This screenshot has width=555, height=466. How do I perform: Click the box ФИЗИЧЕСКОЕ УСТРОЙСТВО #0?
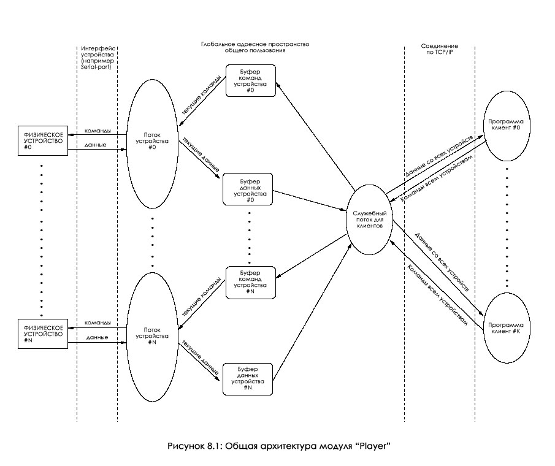(42, 140)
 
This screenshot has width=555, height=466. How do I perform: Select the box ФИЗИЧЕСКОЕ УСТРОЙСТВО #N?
(42, 332)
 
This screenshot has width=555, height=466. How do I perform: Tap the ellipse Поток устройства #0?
(152, 143)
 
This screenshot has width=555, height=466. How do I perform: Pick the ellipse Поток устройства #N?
(152, 337)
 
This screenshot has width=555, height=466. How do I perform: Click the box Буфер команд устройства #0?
(250, 80)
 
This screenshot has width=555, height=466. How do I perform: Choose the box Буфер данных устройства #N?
(247, 379)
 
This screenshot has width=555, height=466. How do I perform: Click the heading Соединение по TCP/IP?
(440, 49)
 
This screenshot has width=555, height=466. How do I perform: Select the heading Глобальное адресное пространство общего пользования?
(255, 48)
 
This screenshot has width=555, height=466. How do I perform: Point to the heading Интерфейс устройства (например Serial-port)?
(97, 56)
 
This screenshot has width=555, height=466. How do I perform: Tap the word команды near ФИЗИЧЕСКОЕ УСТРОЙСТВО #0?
(98, 130)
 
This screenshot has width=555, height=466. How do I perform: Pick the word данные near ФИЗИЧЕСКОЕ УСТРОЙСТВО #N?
(98, 337)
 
